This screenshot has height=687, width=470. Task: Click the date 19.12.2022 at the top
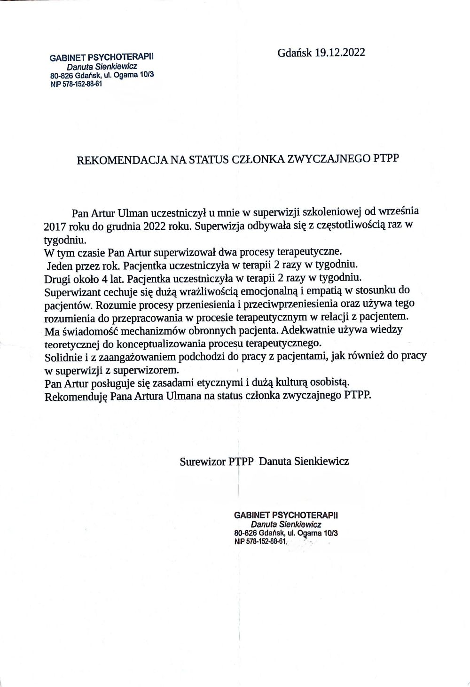point(340,53)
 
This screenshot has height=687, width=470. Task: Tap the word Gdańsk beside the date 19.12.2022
point(295,53)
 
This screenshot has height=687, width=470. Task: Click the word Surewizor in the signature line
point(203,461)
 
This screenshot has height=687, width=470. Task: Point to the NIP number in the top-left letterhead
point(76,84)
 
